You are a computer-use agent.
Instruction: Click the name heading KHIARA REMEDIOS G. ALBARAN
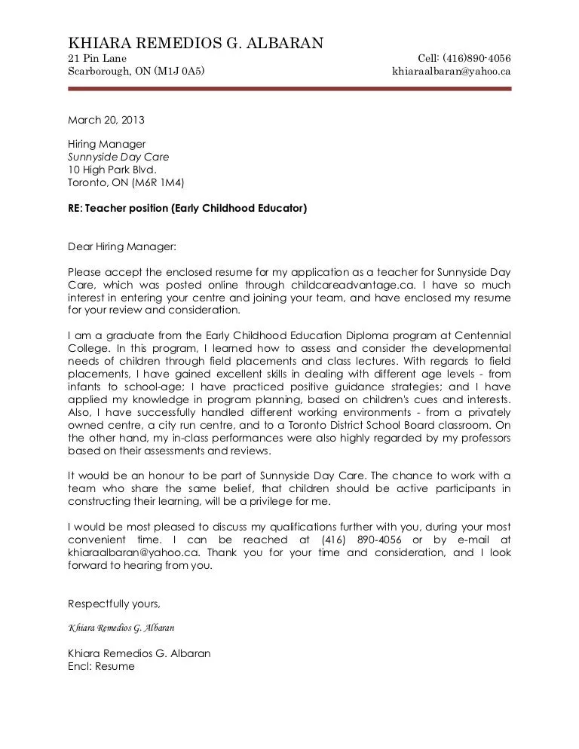pos(196,43)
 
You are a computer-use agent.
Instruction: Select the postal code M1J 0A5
pos(179,72)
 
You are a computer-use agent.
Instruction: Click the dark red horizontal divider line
pos(289,89)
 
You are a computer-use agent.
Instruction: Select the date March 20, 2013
pos(106,120)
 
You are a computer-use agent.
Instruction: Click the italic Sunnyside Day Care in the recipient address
pos(118,157)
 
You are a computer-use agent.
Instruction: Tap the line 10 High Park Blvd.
pos(112,170)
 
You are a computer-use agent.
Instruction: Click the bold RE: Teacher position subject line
pos(188,208)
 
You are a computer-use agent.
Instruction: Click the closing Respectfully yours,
pos(114,604)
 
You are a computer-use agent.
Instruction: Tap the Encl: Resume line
pos(101,666)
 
